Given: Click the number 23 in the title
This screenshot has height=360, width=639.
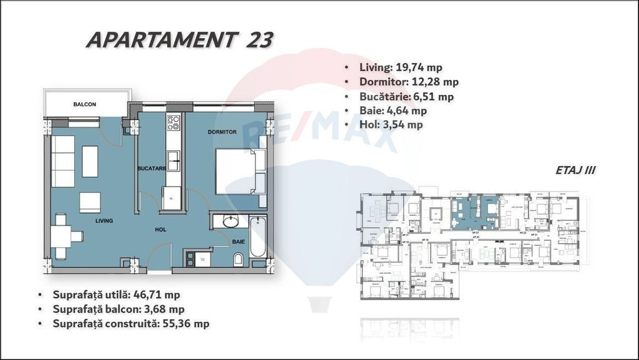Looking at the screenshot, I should click(259, 40).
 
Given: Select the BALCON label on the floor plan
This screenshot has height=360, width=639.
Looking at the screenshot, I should click(84, 104).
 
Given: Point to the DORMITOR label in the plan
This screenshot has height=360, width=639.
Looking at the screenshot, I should click(222, 132).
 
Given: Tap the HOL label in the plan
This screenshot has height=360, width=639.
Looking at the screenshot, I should click(161, 230).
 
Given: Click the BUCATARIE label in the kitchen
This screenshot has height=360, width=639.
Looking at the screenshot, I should click(151, 168).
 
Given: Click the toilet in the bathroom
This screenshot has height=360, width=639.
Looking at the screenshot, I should click(238, 259).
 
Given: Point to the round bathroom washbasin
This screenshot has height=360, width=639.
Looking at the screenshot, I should click(231, 221).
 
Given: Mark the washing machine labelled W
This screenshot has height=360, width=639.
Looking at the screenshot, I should click(203, 258).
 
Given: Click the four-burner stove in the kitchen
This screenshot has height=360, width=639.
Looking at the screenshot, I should click(173, 123).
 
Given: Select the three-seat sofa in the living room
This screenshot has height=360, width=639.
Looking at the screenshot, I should click(62, 161).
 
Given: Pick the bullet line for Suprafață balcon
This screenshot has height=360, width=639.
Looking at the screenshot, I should click(119, 309).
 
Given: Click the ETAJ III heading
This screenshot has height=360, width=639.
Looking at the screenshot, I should click(574, 170).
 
